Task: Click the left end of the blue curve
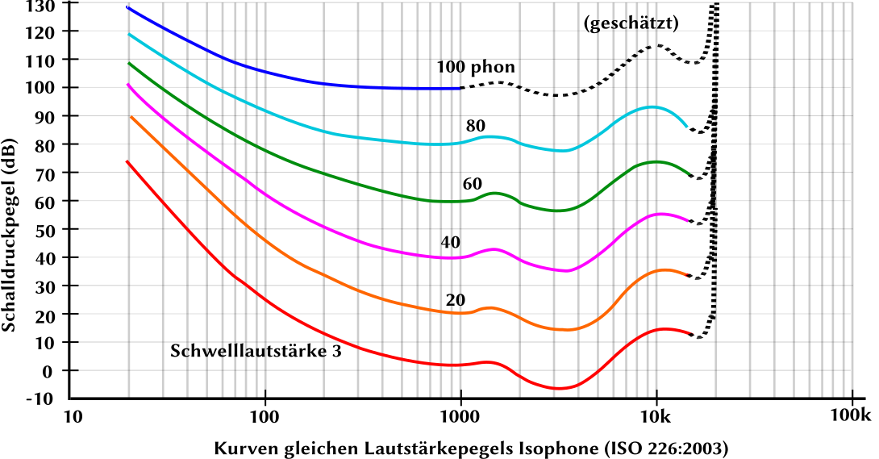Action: click(x=127, y=7)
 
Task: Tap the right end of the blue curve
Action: click(x=459, y=88)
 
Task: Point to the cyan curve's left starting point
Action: click(x=129, y=34)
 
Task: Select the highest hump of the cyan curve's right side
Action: click(x=652, y=106)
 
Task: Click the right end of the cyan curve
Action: click(x=687, y=127)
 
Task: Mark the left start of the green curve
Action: click(x=129, y=63)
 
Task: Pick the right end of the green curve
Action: click(x=689, y=173)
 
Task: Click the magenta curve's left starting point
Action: click(x=128, y=84)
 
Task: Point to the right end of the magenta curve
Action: click(x=688, y=220)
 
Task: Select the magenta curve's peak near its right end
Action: click(x=661, y=214)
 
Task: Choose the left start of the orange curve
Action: click(x=131, y=117)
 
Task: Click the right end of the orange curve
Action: click(x=688, y=276)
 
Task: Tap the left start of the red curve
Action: click(x=127, y=161)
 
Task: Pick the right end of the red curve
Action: click(x=692, y=333)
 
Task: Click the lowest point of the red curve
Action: click(x=559, y=389)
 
